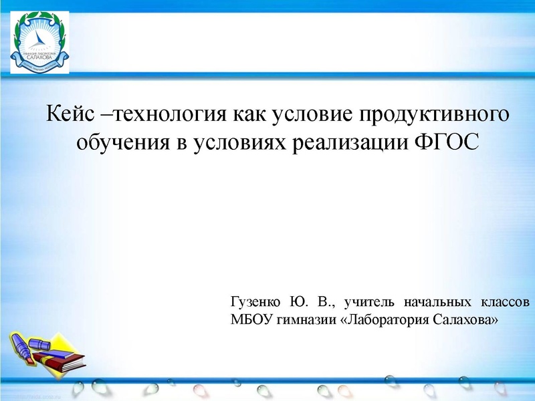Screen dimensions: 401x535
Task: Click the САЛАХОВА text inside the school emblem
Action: click(x=39, y=57)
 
